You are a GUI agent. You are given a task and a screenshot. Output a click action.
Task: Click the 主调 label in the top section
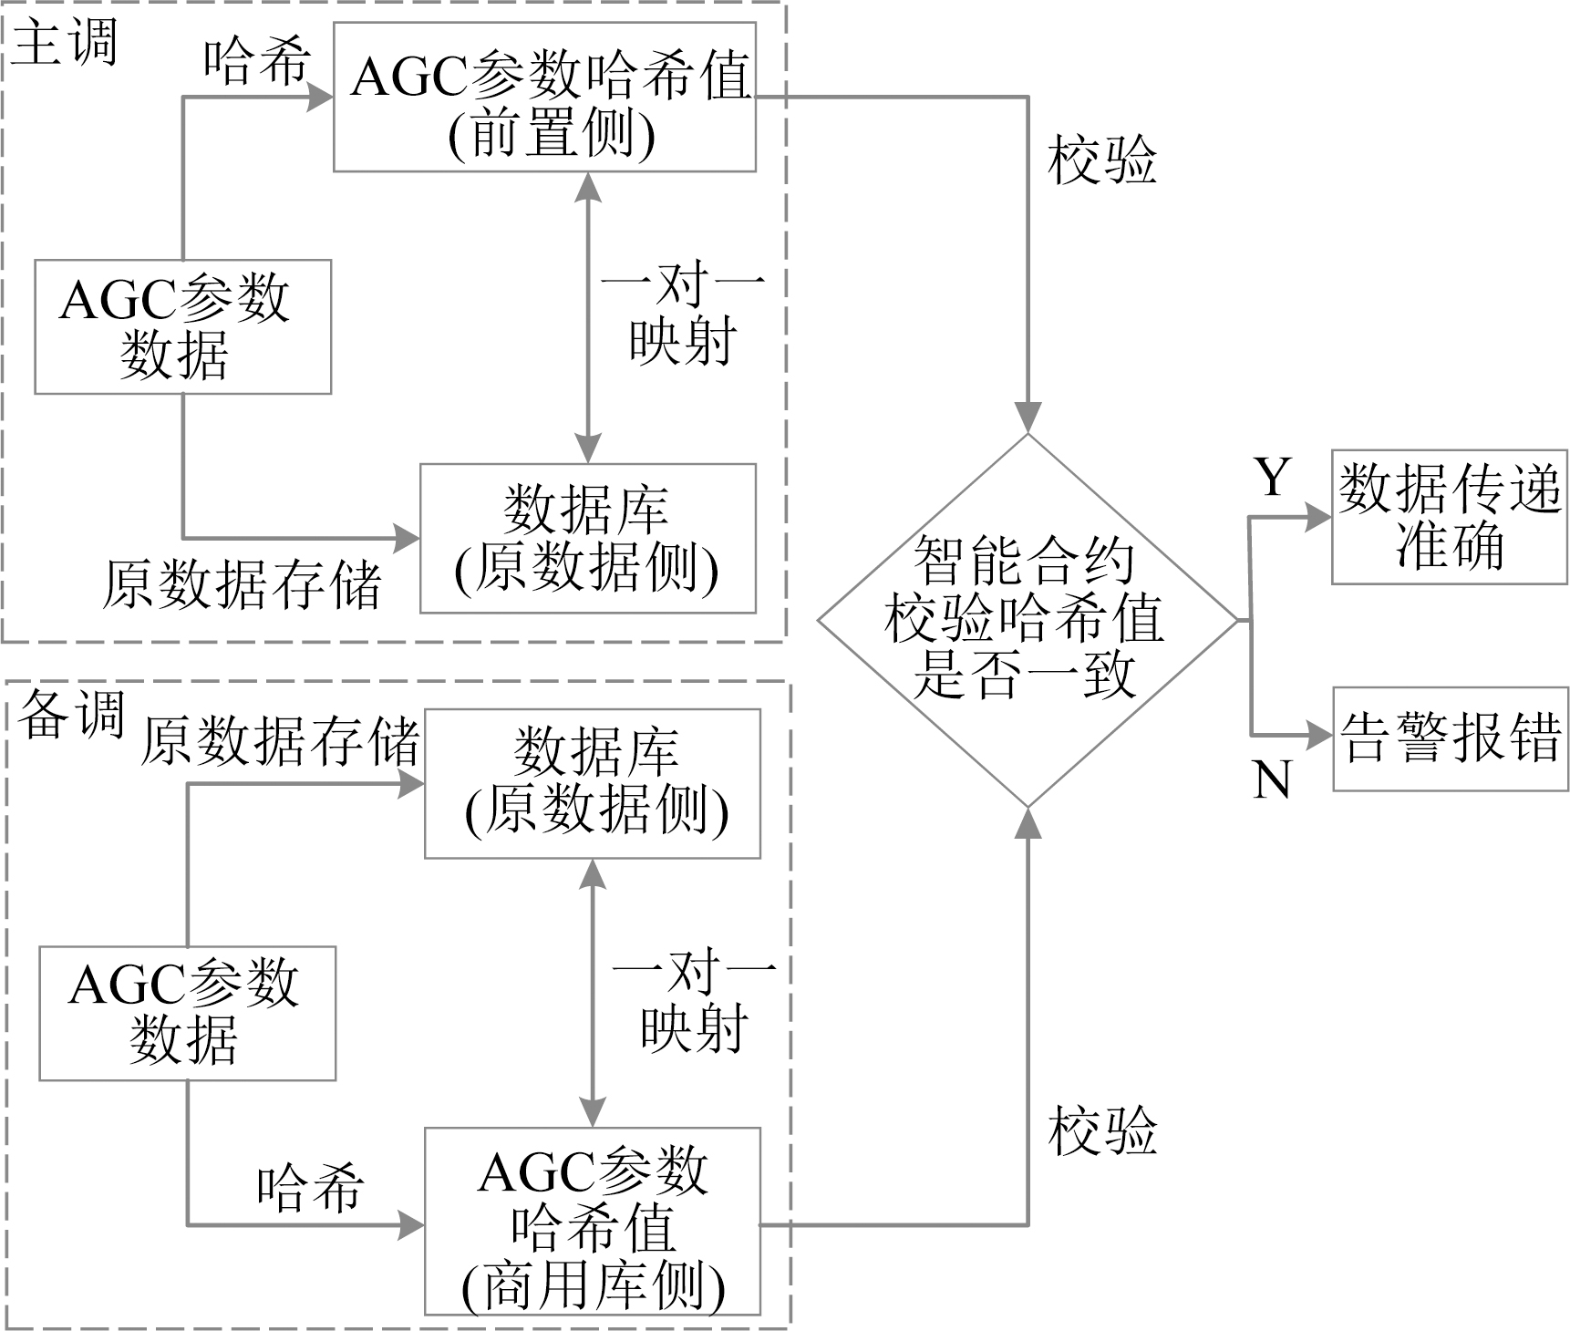(x=64, y=42)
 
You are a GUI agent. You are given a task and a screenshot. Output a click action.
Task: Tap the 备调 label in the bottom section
(x=72, y=714)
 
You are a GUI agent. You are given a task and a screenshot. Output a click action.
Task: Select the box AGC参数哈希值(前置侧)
(x=544, y=98)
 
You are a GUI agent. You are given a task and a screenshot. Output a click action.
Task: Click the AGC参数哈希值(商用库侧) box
(x=593, y=1223)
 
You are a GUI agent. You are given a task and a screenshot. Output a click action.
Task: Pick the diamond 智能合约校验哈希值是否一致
(x=1028, y=620)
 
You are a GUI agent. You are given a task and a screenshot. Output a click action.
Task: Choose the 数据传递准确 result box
(x=1449, y=517)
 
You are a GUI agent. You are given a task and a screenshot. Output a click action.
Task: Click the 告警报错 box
(x=1451, y=739)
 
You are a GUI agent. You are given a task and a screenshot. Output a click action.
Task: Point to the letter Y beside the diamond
(x=1273, y=477)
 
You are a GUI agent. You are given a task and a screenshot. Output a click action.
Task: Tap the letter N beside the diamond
(x=1271, y=780)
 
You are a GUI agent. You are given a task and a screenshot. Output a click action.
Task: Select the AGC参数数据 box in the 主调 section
(x=182, y=327)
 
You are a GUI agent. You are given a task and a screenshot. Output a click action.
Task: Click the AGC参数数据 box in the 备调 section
(x=187, y=1014)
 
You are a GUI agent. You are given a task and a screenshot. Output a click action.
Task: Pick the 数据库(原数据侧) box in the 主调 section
(x=588, y=539)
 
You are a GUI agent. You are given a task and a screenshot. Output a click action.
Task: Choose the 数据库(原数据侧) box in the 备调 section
(x=593, y=784)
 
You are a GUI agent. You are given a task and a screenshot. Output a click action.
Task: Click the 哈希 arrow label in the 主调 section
(x=257, y=62)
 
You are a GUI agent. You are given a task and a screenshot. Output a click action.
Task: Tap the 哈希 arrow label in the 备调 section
(x=311, y=1188)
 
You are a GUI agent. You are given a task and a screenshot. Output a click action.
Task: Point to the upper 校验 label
(x=1102, y=162)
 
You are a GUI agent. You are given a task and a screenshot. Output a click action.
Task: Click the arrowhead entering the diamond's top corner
(x=1028, y=418)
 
